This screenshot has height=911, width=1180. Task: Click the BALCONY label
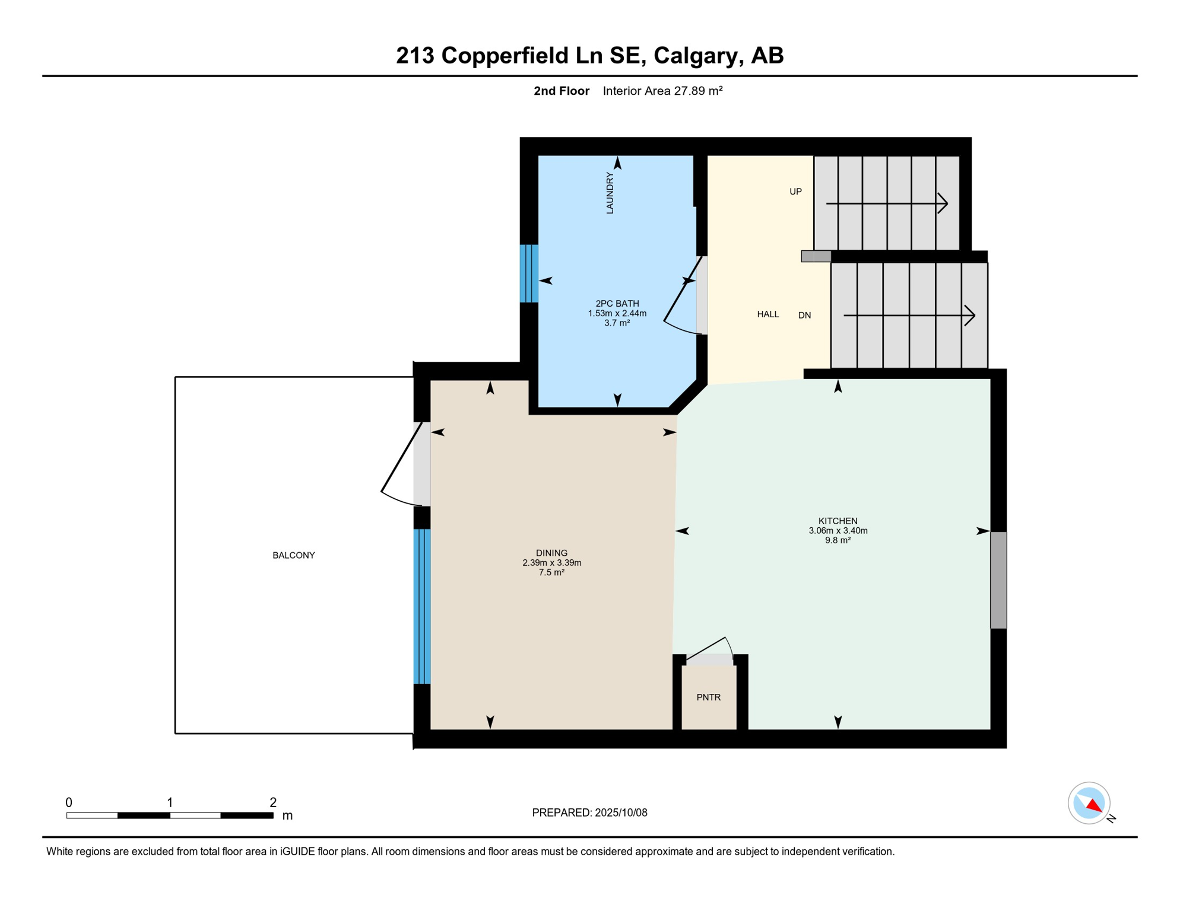(293, 555)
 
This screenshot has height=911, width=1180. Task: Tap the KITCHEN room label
(838, 521)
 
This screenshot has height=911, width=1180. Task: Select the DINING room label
(551, 553)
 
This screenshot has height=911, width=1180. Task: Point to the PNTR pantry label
(708, 697)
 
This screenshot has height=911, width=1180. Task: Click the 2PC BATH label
(617, 304)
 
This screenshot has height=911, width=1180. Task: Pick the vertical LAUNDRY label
(610, 193)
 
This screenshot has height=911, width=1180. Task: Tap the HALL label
(767, 314)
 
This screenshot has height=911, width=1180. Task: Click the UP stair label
(795, 192)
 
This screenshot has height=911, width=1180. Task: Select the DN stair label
(804, 315)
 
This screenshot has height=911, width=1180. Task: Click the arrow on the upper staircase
(887, 203)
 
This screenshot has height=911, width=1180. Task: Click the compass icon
(1090, 803)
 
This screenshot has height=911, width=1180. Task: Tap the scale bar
(170, 816)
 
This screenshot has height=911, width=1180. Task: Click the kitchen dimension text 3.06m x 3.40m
(838, 531)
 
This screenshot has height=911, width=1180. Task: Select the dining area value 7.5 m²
(551, 572)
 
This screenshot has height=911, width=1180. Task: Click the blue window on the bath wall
(529, 273)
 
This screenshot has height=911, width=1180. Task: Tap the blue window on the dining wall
(421, 606)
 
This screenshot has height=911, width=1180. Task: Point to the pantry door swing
(710, 648)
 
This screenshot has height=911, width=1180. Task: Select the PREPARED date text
(589, 813)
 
